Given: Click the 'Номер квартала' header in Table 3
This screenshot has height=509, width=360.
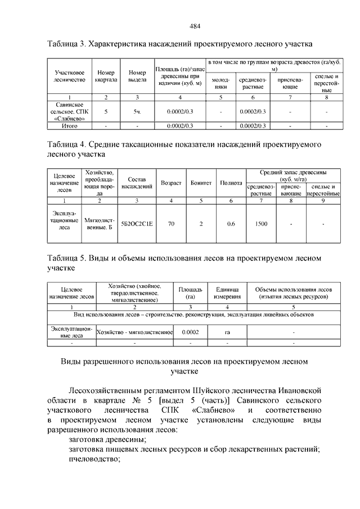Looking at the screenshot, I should pyautogui.click(x=106, y=76).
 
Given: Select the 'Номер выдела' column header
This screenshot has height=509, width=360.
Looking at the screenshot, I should pyautogui.click(x=137, y=76).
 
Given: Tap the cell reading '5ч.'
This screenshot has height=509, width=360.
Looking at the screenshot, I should pyautogui.click(x=137, y=112).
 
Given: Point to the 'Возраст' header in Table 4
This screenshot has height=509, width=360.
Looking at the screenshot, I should pyautogui.click(x=171, y=183).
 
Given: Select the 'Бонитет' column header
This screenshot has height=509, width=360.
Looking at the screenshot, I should pyautogui.click(x=201, y=183).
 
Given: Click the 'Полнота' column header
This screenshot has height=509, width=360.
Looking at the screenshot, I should pyautogui.click(x=231, y=183).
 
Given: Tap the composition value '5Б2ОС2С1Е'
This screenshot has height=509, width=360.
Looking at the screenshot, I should pyautogui.click(x=137, y=223).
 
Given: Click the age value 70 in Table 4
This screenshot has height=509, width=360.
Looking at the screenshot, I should pyautogui.click(x=171, y=223).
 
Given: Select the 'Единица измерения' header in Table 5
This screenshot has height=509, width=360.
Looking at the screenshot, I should pyautogui.click(x=227, y=293).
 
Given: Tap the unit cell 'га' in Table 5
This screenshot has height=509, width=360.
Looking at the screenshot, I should pyautogui.click(x=227, y=332).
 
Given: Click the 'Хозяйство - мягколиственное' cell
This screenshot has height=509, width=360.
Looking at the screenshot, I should pyautogui.click(x=134, y=332).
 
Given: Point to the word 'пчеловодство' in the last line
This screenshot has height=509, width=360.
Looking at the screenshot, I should pyautogui.click(x=94, y=459).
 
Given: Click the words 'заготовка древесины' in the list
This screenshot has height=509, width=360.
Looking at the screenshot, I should pyautogui.click(x=107, y=439).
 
